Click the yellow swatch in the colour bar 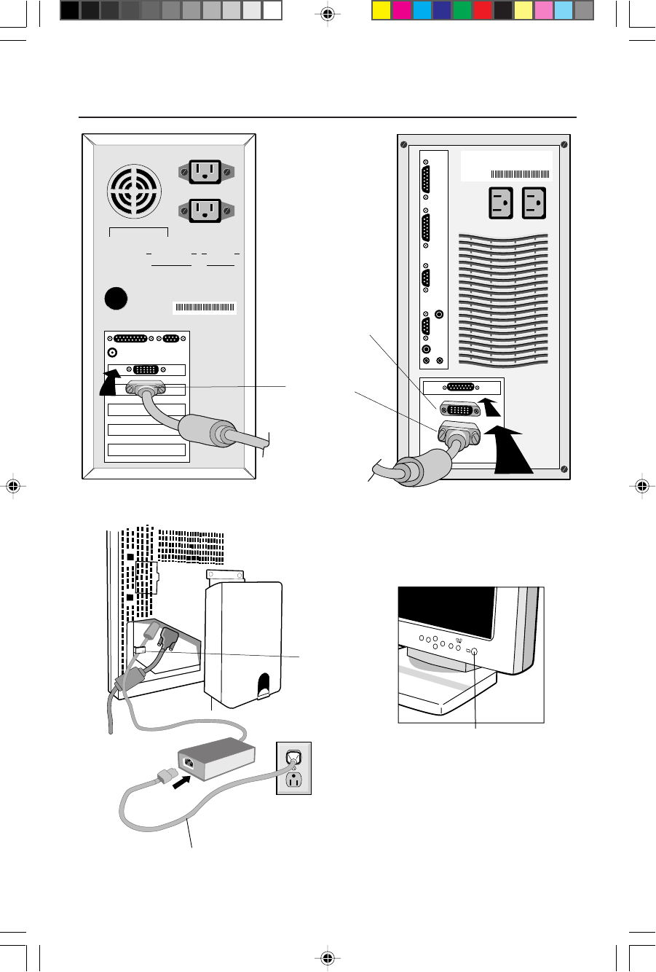(x=382, y=10)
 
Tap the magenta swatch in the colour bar (x=401, y=10)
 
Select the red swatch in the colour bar (x=482, y=10)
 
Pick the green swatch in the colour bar (x=462, y=10)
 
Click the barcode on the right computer (x=521, y=174)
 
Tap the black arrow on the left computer (x=110, y=383)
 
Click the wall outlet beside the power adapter (x=293, y=768)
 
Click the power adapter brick (x=217, y=761)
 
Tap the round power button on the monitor (x=475, y=653)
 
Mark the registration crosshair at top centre (x=328, y=14)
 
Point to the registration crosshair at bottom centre (x=328, y=957)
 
